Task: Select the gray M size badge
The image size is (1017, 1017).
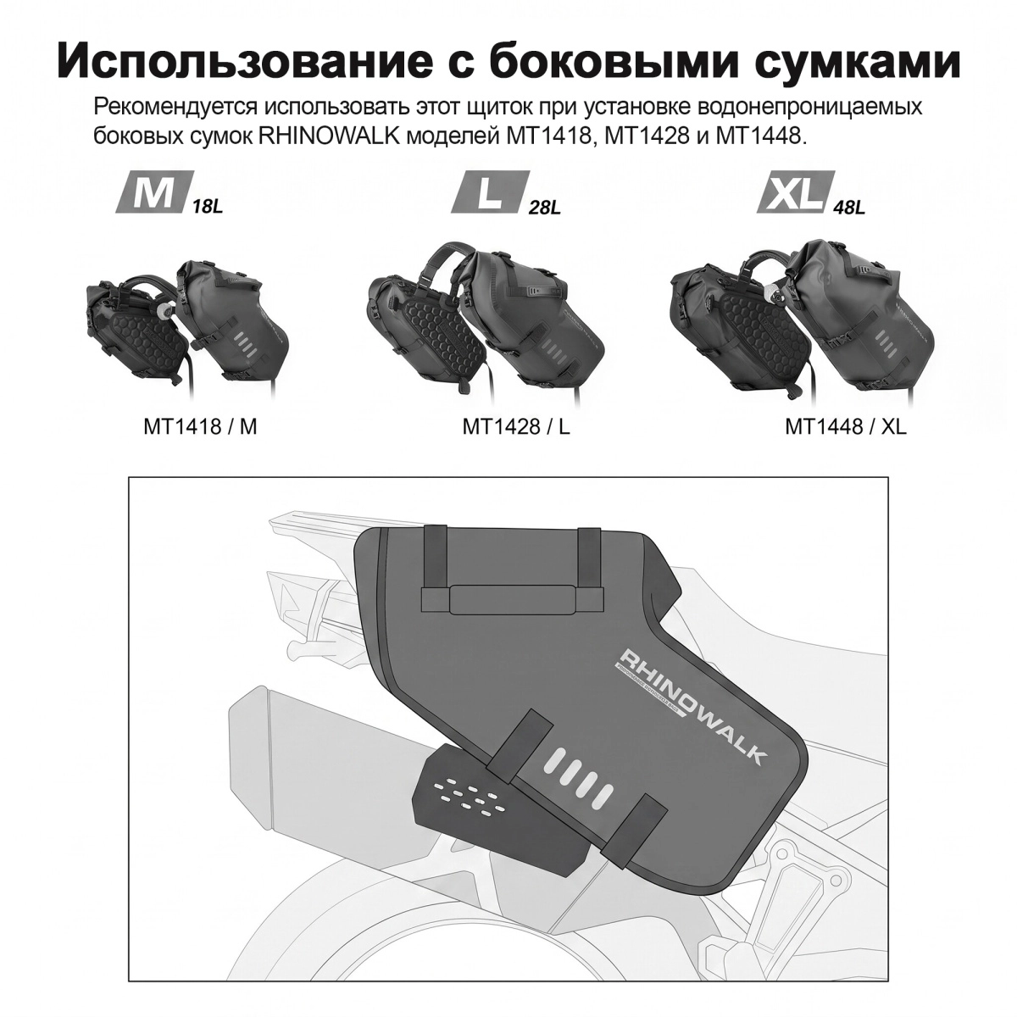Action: click(152, 192)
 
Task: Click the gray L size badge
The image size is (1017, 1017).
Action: click(489, 192)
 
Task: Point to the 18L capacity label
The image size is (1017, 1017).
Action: click(208, 206)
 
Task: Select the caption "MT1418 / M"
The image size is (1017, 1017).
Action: click(200, 426)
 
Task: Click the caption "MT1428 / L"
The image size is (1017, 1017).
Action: click(516, 426)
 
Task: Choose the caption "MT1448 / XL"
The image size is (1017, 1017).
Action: click(846, 426)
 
